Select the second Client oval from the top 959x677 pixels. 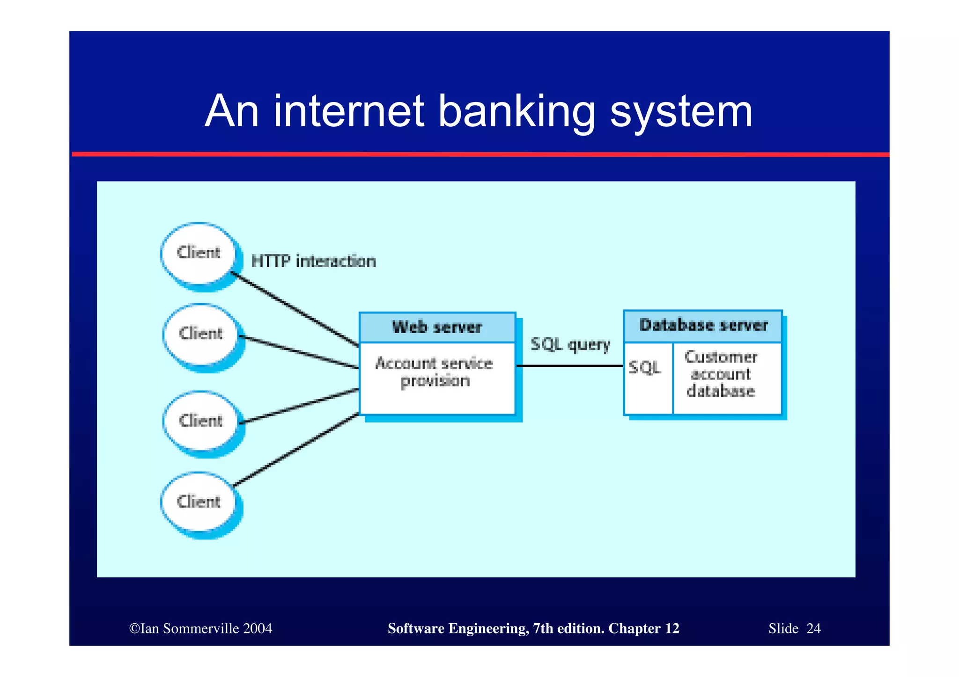click(201, 334)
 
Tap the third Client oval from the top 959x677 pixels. click(201, 421)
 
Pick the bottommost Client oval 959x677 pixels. click(199, 502)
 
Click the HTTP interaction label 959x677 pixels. click(313, 261)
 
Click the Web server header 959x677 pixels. click(437, 327)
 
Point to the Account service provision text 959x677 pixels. click(434, 372)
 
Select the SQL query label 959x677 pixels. click(570, 345)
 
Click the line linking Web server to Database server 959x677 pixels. click(570, 366)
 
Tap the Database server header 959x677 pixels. click(703, 325)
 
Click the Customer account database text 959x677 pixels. click(721, 374)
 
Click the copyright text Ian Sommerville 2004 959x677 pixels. click(201, 628)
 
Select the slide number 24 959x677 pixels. click(813, 628)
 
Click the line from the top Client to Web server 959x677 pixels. click(295, 309)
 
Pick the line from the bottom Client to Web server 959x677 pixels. click(296, 450)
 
